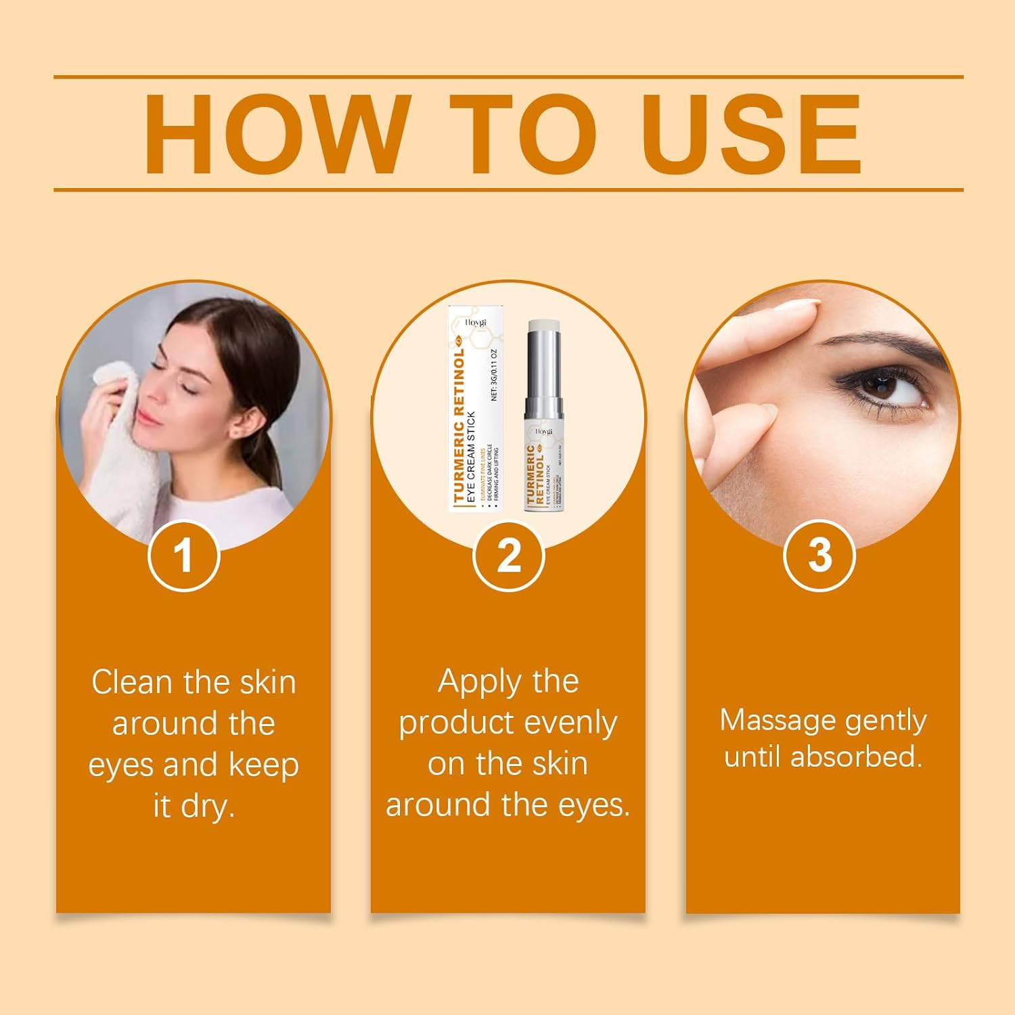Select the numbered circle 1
tap(183, 556)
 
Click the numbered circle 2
tap(508, 556)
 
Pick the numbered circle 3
tap(819, 556)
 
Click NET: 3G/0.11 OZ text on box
tap(494, 376)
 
